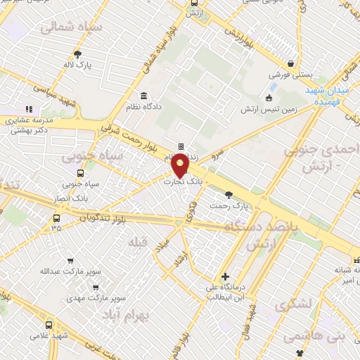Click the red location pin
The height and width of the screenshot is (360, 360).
click(180, 165)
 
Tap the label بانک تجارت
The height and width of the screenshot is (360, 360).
click(179, 182)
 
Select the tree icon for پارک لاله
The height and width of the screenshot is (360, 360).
click(77, 53)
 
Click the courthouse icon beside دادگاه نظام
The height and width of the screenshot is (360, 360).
click(144, 96)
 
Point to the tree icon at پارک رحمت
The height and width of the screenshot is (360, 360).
click(228, 194)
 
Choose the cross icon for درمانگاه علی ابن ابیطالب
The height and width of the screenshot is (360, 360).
click(224, 276)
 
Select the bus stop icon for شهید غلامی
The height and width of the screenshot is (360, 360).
click(49, 325)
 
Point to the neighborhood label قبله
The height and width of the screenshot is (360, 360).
click(137, 242)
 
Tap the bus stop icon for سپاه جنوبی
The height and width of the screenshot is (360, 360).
click(79, 173)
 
